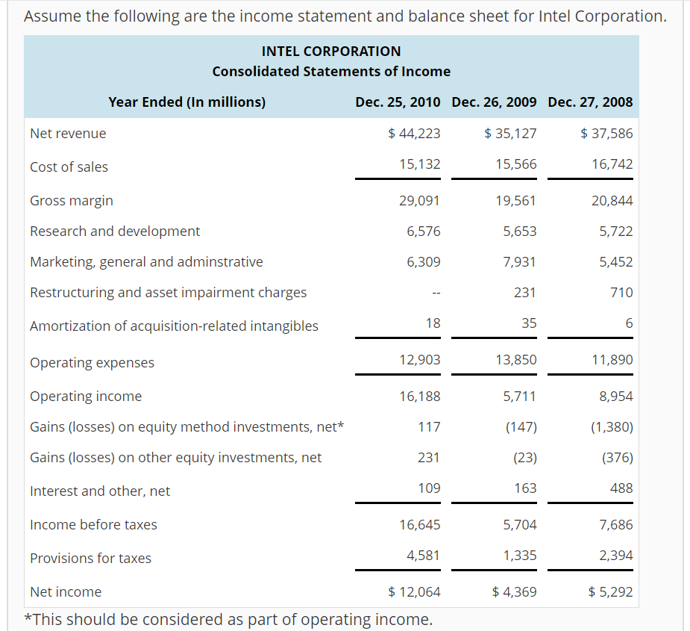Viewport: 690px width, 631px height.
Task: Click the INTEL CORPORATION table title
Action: coord(331,51)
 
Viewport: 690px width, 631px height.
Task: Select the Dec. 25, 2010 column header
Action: coord(398,102)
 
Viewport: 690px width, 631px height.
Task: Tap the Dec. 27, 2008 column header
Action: coord(590,102)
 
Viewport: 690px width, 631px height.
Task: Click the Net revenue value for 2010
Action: coord(415,134)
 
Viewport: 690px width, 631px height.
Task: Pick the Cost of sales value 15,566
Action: coord(515,164)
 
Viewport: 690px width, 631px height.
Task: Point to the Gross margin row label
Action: coord(72,200)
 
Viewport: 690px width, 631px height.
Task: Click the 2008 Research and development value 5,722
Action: coord(615,231)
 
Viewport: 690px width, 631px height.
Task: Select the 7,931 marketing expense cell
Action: coord(519,262)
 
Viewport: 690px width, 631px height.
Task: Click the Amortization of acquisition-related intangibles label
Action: coord(174,326)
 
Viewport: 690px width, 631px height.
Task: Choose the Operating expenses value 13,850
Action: coord(515,360)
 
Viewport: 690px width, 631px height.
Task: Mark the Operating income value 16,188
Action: coord(420,397)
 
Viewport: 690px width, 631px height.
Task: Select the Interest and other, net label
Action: coord(100,491)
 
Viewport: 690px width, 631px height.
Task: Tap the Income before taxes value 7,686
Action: coord(615,525)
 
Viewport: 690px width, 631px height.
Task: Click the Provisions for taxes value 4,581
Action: coord(423,556)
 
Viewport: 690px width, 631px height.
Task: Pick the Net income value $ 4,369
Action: coord(514,592)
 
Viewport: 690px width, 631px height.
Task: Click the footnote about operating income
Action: coord(228,619)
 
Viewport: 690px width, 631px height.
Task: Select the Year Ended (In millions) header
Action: coord(186,102)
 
